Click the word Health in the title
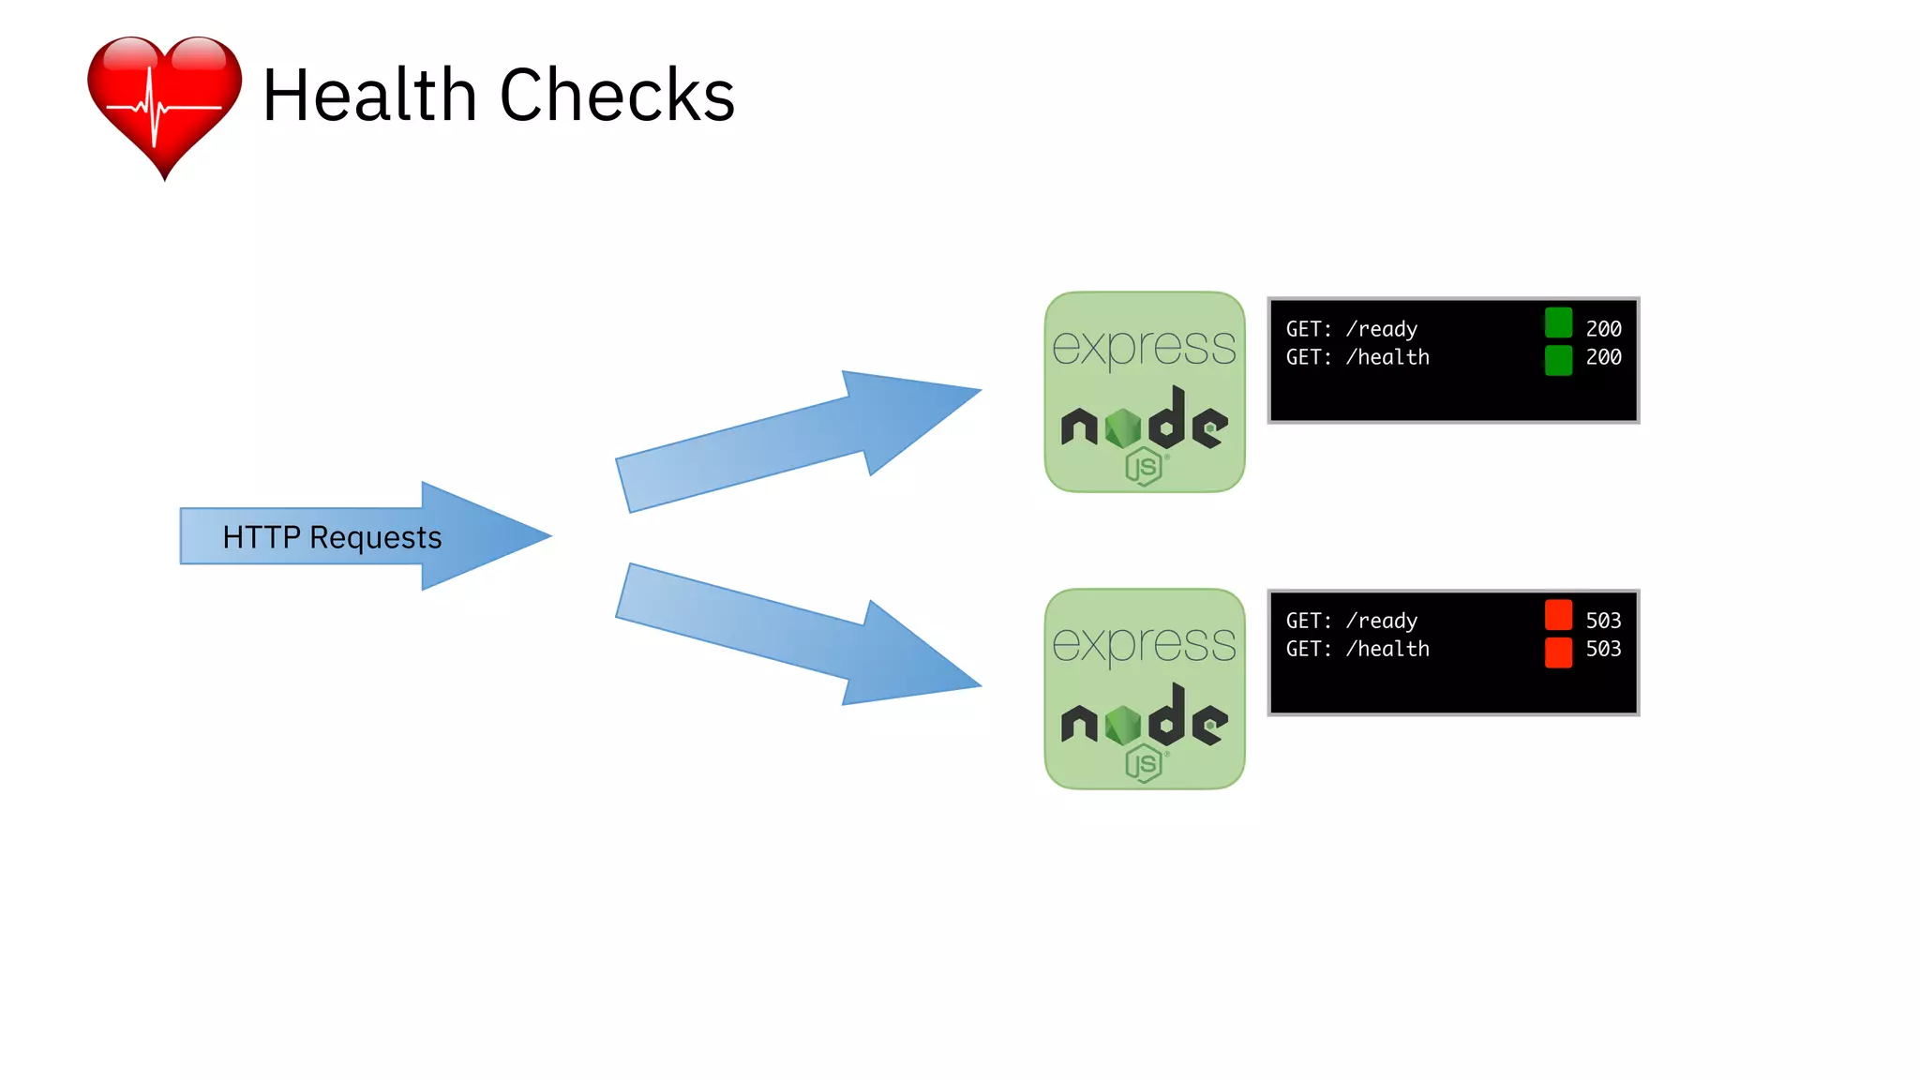[x=369, y=96]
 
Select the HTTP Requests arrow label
[x=332, y=537]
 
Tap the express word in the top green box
[x=1144, y=347]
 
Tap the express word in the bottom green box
[x=1144, y=644]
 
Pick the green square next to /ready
[x=1558, y=323]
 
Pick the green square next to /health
[x=1558, y=359]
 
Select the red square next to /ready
[x=1558, y=615]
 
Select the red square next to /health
[x=1558, y=652]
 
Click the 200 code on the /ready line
[x=1603, y=329]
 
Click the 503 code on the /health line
[x=1603, y=649]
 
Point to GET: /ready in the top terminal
[x=1351, y=329]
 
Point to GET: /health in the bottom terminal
[x=1357, y=649]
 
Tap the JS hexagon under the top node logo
[x=1144, y=467]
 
